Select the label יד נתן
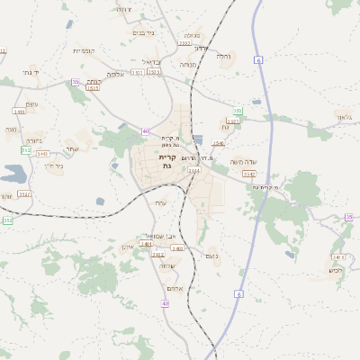31,70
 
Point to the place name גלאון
345,117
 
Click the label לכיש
336,270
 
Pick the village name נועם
213,256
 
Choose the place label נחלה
188,65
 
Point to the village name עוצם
31,103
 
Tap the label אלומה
115,75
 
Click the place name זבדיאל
150,62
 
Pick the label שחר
72,148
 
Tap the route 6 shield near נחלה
258,60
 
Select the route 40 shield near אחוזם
165,303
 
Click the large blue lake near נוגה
15,174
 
